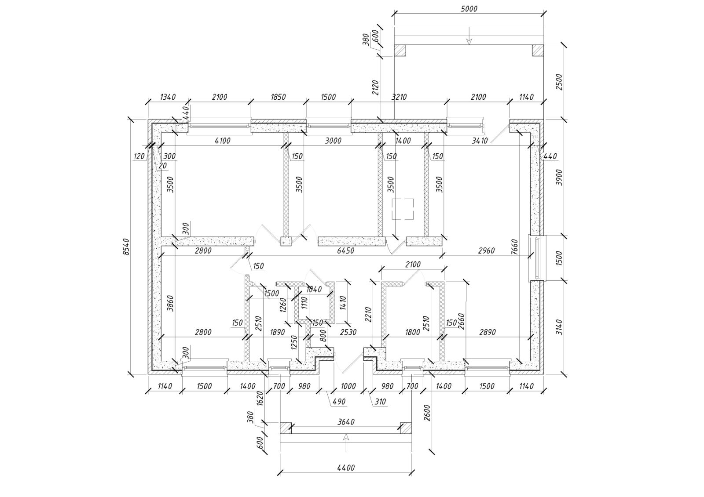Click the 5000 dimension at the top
click(469, 9)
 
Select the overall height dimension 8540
click(126, 247)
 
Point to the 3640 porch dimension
click(346, 422)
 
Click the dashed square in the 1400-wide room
click(403, 209)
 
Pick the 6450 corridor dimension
click(346, 250)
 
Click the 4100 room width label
click(223, 141)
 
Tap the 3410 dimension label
click(480, 141)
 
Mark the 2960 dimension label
click(486, 250)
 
